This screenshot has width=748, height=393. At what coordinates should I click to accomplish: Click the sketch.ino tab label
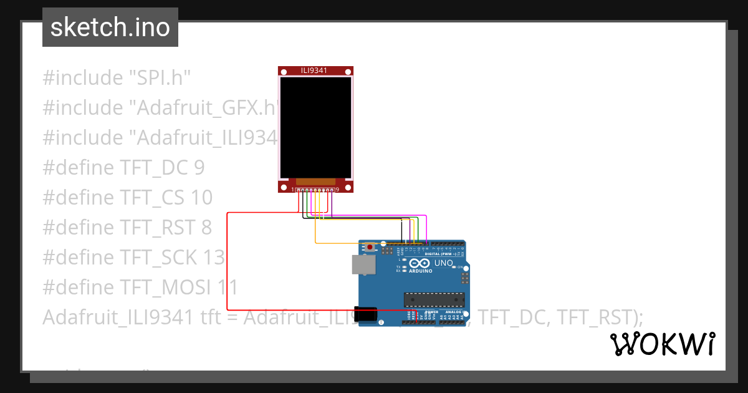pos(110,27)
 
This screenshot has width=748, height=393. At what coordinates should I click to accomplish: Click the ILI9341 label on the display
pos(315,71)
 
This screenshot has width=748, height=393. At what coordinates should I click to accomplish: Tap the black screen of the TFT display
pos(315,128)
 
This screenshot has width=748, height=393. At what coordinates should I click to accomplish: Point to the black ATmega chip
pos(434,300)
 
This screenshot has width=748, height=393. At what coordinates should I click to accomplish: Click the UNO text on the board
pos(443,263)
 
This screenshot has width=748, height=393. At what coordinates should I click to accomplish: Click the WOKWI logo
pos(662,344)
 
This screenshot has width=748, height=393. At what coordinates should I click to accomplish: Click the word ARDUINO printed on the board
pos(421,271)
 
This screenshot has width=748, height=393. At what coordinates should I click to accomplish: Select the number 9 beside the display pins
pos(337,189)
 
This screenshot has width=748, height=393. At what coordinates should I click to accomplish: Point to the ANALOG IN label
pos(453,312)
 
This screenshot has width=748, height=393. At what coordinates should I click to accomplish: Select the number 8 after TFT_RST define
pos(206,227)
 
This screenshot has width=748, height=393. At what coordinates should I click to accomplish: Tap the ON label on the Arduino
pos(463,268)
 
